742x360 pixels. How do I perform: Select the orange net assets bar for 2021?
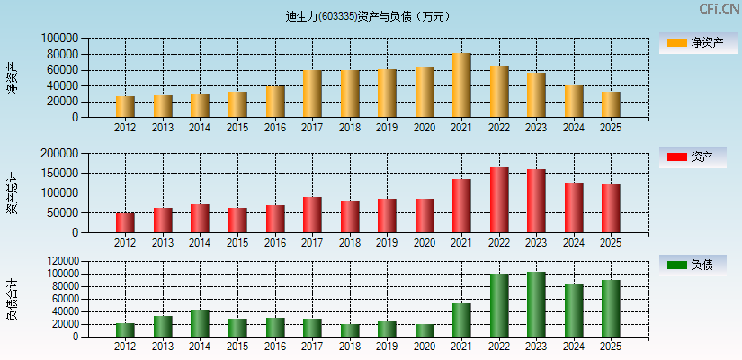[x=461, y=85]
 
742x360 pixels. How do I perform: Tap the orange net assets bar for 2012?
[x=125, y=106]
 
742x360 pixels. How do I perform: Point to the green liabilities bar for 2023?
[x=536, y=304]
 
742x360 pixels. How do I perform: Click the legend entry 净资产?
[x=693, y=42]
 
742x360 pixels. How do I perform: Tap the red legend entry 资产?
[x=693, y=157]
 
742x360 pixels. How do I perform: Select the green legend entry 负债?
[x=693, y=265]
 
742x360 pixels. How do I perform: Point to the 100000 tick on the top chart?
[x=59, y=39]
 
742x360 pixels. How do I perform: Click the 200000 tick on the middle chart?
[x=59, y=154]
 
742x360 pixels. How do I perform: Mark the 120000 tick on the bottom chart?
[x=59, y=261]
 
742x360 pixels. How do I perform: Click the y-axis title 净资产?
[x=12, y=77]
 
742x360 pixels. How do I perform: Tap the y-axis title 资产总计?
[x=12, y=193]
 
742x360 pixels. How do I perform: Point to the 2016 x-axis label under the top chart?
[x=275, y=128]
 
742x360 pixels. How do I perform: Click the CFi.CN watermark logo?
[x=719, y=9]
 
